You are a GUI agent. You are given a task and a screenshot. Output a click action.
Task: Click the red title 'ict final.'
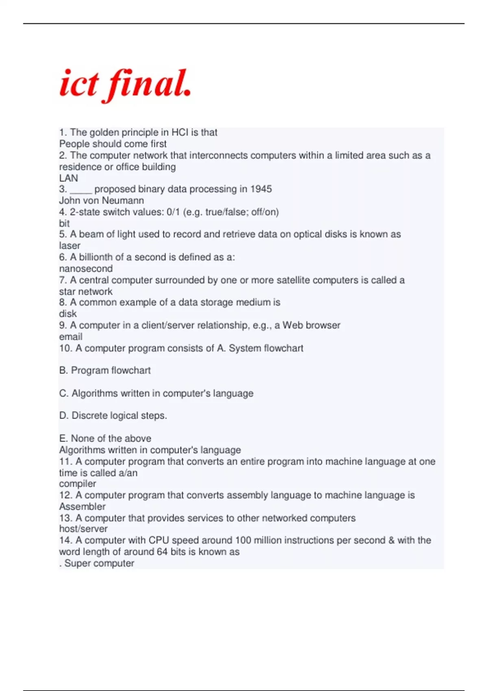coord(125,85)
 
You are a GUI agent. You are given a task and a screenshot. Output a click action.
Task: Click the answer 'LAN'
coord(68,178)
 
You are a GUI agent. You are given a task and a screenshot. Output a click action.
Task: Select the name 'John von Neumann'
coord(102,200)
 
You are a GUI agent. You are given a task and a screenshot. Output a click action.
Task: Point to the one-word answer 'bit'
coord(64,223)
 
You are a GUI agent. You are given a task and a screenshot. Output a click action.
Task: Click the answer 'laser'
coord(70,246)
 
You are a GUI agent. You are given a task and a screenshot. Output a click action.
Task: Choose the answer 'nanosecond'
coord(86,269)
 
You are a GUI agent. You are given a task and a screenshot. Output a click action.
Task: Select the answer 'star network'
coord(86,291)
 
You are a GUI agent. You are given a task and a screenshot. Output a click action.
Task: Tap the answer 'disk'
coord(68,314)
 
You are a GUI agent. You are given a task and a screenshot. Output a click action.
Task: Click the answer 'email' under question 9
coord(71,337)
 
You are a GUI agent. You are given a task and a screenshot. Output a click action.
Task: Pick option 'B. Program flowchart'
coord(105,370)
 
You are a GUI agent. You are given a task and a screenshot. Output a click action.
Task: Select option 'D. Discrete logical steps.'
coord(113,415)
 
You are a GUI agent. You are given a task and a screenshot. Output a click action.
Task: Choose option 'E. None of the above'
coord(105,438)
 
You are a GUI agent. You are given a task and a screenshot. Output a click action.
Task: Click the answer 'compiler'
coord(78,484)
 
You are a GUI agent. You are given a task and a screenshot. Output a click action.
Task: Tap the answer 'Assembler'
coord(82,506)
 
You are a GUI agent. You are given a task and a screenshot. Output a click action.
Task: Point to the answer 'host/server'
coord(83,529)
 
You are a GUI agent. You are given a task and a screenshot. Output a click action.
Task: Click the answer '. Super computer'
coord(97,563)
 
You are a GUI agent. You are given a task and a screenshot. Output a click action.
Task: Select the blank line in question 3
coord(81,190)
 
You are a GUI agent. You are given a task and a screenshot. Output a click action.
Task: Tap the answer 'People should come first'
coord(113,144)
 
